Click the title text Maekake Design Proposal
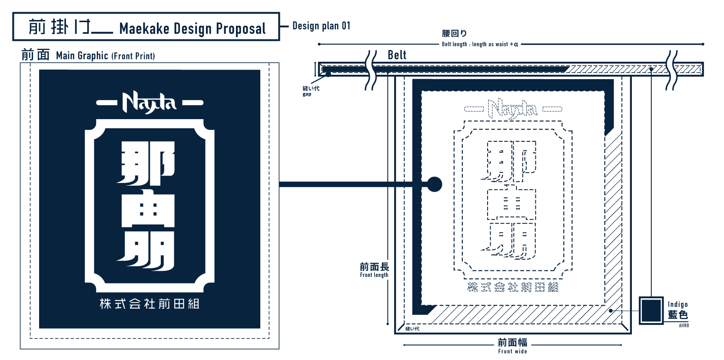click(x=192, y=29)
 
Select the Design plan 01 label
click(x=321, y=26)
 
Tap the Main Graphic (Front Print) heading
click(x=105, y=56)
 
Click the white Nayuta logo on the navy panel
click(x=149, y=103)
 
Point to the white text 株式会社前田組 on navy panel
click(x=149, y=303)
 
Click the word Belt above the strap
click(x=397, y=55)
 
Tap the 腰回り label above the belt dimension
click(x=454, y=33)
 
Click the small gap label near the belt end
click(x=307, y=94)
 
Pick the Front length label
click(x=374, y=275)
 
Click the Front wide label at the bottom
click(x=512, y=351)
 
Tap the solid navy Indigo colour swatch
click(x=651, y=310)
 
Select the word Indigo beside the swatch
click(x=678, y=304)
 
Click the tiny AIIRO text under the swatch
click(x=684, y=325)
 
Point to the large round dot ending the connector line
click(x=434, y=184)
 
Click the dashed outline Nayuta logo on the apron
click(x=512, y=109)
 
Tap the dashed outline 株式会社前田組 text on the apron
click(x=513, y=287)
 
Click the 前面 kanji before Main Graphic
click(x=36, y=55)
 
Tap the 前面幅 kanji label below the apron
click(x=512, y=343)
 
